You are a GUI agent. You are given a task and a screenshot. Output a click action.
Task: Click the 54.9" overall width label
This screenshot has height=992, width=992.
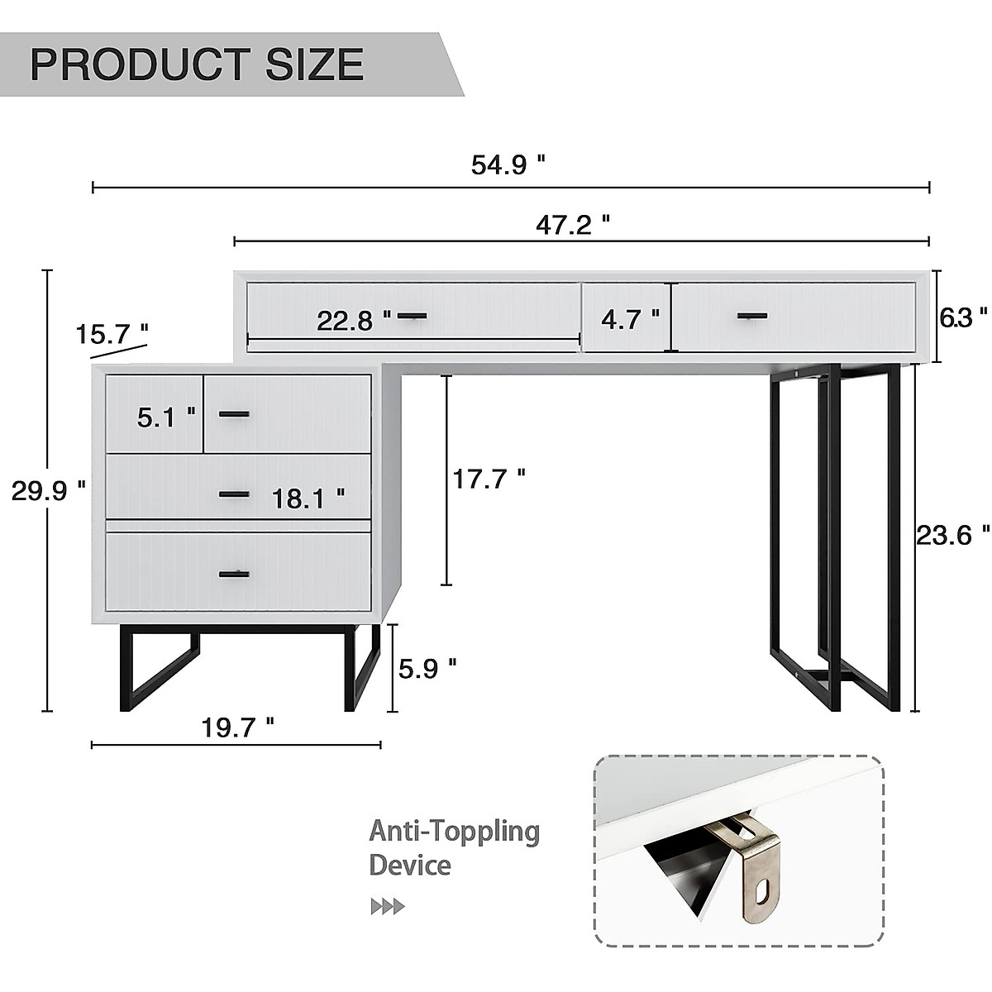coord(508,165)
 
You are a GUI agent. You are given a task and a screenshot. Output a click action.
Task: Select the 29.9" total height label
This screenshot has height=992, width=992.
coord(48,491)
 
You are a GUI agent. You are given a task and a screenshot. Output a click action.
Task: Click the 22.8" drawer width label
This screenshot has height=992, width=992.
coord(354,319)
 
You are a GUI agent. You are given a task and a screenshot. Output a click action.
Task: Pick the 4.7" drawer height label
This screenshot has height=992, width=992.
coord(630,318)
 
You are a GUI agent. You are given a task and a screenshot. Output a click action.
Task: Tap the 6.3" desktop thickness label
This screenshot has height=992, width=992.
coord(963,316)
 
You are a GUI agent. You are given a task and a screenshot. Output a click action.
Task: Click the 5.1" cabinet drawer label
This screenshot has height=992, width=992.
coord(166,417)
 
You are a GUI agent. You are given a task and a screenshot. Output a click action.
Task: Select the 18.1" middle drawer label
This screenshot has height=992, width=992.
coord(308,498)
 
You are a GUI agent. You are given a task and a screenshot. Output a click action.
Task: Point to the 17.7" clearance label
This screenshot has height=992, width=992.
coord(489,478)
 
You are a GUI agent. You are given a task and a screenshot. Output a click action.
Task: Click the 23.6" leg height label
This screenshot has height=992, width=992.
coord(953,535)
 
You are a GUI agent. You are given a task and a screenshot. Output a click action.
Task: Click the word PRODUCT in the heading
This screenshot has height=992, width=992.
coord(141,64)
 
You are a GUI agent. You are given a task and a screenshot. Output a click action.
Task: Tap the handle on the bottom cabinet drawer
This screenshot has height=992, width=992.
coord(234,574)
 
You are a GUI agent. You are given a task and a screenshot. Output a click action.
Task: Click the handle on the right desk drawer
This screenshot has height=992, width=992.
coord(751,316)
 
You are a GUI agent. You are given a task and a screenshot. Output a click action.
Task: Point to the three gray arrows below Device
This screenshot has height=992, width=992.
coord(387,907)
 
